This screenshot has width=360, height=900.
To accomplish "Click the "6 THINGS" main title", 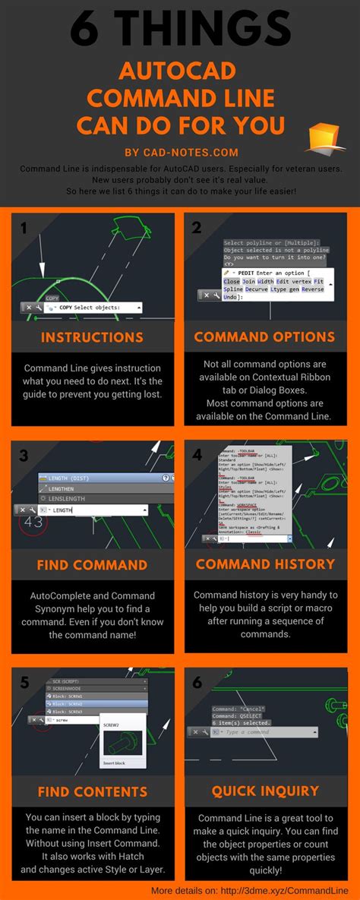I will click(x=180, y=30).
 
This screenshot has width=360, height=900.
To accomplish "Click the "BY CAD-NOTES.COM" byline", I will click(x=180, y=152).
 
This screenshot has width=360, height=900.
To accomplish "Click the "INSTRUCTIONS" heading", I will click(x=91, y=337).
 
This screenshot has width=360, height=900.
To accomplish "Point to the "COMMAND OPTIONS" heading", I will click(x=265, y=337).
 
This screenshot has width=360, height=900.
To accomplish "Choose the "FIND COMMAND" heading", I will click(x=91, y=565).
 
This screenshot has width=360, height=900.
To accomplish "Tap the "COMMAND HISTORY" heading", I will click(x=265, y=564).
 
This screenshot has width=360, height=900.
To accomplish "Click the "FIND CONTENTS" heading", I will click(x=91, y=791).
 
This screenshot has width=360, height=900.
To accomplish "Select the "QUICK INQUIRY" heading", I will click(x=265, y=791).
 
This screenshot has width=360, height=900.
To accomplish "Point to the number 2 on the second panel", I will click(x=197, y=227).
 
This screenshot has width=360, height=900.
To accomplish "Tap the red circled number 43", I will click(x=33, y=523).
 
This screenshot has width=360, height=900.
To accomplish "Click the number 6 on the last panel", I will click(x=197, y=682).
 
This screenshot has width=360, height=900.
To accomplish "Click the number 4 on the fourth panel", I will click(x=197, y=455).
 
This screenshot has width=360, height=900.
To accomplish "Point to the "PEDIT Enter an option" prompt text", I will click(x=277, y=271).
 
